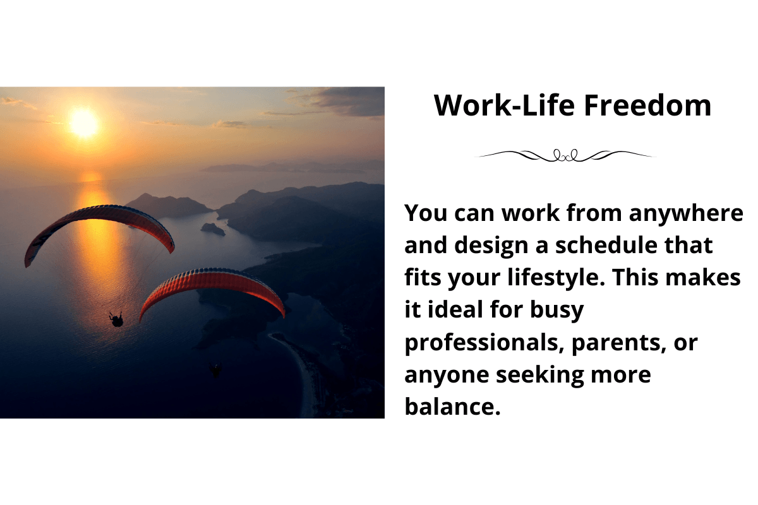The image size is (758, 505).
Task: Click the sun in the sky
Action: [83, 124]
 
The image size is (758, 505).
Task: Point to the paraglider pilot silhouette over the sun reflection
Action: [116, 319]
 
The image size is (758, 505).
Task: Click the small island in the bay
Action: [213, 229]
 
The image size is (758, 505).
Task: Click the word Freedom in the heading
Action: [647, 105]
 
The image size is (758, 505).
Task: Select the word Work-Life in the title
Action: [504, 105]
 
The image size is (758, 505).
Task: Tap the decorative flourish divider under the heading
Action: [565, 155]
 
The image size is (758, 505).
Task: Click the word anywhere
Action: [686, 214]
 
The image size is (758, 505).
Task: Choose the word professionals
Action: [484, 343]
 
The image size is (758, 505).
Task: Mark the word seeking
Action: [539, 376]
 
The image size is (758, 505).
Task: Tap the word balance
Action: [452, 406]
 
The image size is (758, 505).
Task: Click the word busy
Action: [556, 311]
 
